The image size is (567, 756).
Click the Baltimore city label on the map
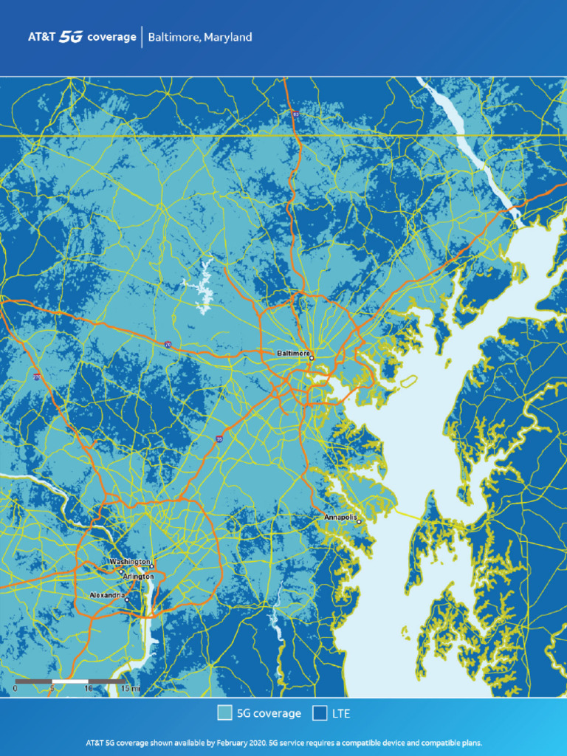[292, 354]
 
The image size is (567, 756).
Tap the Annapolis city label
[340, 518]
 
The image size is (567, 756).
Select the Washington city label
[130, 562]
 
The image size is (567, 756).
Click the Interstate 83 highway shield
[295, 114]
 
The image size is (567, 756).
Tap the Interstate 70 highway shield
[168, 344]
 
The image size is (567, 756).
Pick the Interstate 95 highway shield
[219, 439]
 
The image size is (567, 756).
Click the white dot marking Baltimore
[312, 358]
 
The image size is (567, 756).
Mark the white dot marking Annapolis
[359, 522]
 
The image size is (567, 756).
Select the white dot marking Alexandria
[126, 599]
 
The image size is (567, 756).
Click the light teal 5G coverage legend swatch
[224, 713]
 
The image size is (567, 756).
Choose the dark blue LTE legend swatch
[320, 713]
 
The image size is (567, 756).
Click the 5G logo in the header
[72, 37]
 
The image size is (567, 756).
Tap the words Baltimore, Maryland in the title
[200, 37]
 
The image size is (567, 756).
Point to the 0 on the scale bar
[15, 688]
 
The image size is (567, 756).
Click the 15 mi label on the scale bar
[130, 688]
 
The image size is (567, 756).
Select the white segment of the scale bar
[70, 680]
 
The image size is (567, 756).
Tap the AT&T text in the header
[41, 37]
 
